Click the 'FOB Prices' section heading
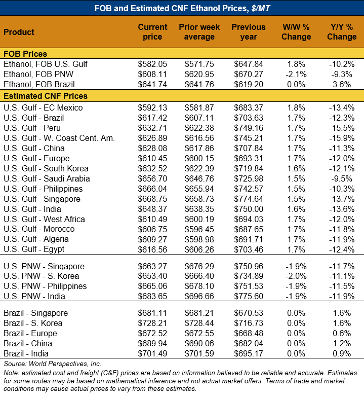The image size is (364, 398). click(x=25, y=54)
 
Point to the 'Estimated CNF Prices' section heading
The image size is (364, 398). click(x=46, y=96)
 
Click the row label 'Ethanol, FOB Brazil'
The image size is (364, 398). click(x=39, y=84)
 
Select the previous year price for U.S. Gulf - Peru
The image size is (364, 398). click(x=249, y=128)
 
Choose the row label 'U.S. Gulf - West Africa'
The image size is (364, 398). click(x=44, y=219)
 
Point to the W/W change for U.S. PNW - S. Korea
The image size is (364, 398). click(x=296, y=276)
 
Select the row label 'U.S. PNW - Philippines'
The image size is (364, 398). click(x=45, y=286)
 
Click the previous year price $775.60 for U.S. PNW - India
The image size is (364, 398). click(x=249, y=297)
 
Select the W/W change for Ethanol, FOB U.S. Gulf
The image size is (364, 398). click(x=296, y=64)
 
